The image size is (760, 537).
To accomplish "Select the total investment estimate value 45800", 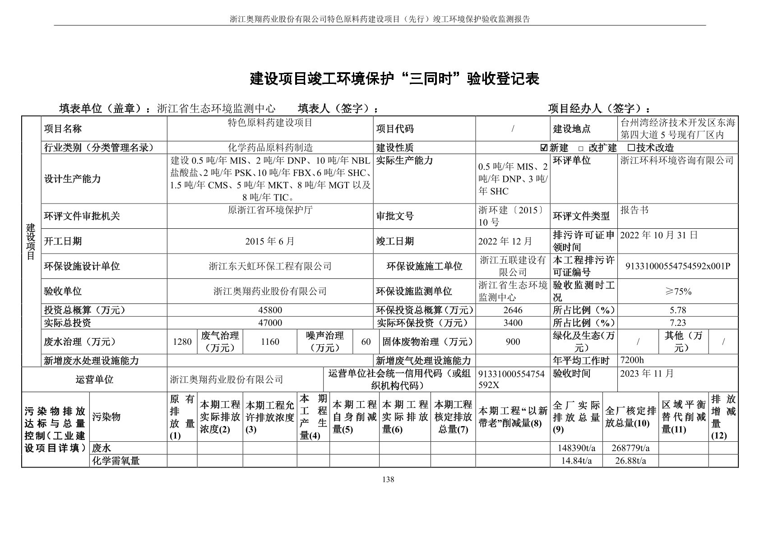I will tap(270, 310).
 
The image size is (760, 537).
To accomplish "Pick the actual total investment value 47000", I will tap(270, 323).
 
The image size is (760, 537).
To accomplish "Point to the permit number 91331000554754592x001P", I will tap(677, 266).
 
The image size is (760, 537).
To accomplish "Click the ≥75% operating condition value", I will tap(677, 292).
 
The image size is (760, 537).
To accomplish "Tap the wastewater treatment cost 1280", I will tap(182, 342).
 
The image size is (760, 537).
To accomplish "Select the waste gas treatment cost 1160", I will tap(270, 342).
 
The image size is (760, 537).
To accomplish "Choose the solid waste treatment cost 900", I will tap(513, 342).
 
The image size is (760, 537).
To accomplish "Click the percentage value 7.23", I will tap(677, 323).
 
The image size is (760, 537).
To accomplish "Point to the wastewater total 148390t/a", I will tap(576, 448).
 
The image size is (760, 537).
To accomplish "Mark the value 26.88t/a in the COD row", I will tap(630, 461).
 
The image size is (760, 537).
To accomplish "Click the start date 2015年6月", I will tap(270, 241).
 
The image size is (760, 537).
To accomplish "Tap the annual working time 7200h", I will tap(632, 360).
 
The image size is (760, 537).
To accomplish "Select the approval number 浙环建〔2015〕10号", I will tap(512, 216).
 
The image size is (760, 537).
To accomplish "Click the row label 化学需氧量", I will tap(116, 461).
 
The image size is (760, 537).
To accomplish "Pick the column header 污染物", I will tap(107, 417).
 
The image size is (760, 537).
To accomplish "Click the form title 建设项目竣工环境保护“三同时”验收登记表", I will tap(394, 79).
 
